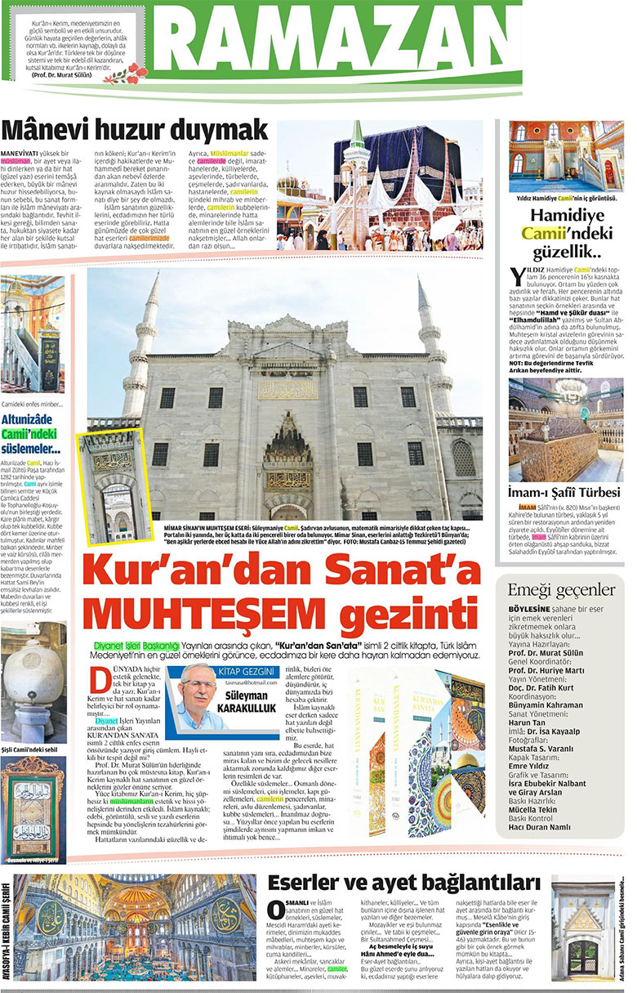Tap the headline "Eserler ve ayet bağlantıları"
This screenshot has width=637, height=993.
pos(404,882)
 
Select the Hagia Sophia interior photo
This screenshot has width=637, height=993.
pos(140,930)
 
